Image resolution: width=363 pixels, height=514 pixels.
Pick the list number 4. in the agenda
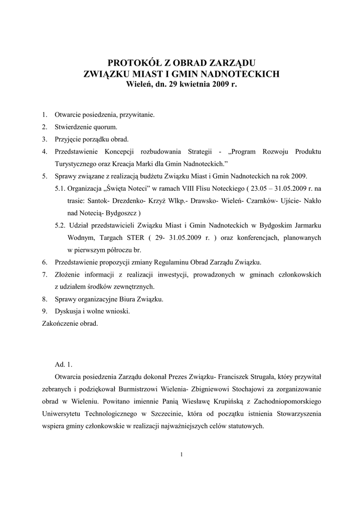point(45,152)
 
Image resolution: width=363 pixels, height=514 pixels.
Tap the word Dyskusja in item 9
point(69,311)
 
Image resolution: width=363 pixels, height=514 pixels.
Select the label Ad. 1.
point(64,364)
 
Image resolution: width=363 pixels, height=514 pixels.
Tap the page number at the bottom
point(181,455)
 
